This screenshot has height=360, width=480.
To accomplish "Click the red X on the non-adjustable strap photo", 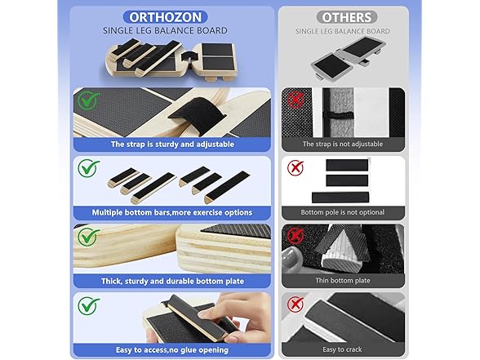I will point(293,100).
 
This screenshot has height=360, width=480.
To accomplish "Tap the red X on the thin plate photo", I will point(293,238).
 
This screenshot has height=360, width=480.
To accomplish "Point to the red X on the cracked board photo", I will point(293,306).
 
